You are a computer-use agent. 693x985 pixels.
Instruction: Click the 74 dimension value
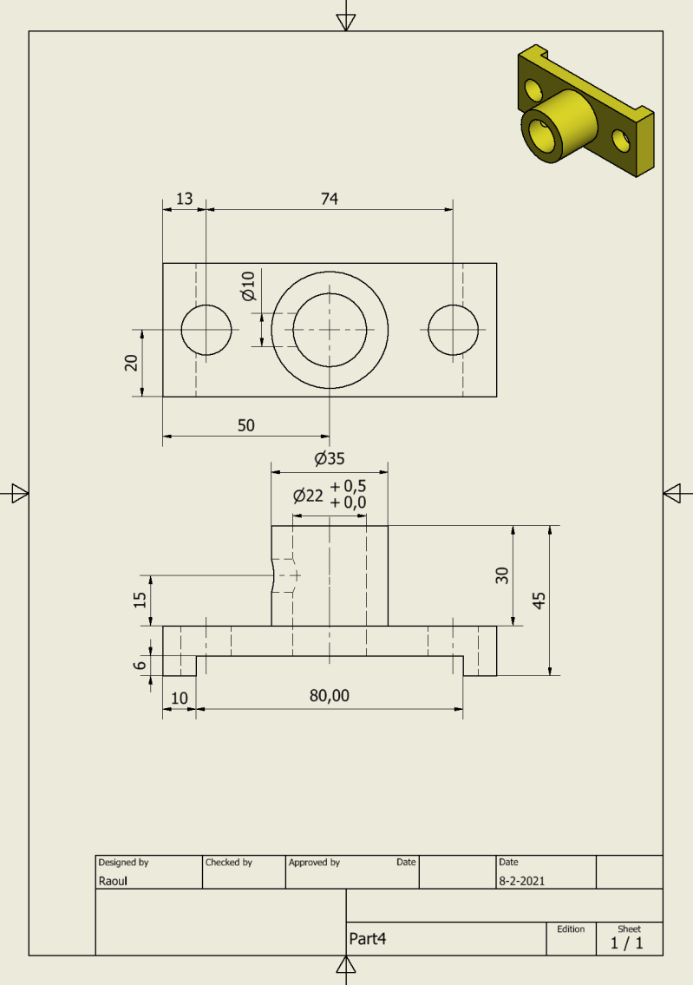pyautogui.click(x=329, y=199)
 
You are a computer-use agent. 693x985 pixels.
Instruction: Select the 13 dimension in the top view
pyautogui.click(x=185, y=199)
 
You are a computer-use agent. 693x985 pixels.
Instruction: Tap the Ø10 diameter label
pyautogui.click(x=248, y=286)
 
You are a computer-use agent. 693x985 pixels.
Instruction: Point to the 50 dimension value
pyautogui.click(x=246, y=424)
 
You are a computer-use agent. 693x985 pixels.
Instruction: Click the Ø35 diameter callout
pyautogui.click(x=330, y=458)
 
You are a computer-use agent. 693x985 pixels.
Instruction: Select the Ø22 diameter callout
pyautogui.click(x=308, y=496)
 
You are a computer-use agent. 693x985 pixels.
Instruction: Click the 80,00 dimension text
pyautogui.click(x=330, y=696)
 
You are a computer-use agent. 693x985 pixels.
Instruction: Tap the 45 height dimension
pyautogui.click(x=539, y=600)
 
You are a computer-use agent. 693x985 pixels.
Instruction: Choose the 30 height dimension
pyautogui.click(x=502, y=575)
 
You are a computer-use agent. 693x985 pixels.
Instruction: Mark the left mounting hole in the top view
pyautogui.click(x=206, y=330)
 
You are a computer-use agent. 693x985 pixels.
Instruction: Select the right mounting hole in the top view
pyautogui.click(x=453, y=330)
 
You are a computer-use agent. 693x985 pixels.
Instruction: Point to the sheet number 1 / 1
pyautogui.click(x=627, y=943)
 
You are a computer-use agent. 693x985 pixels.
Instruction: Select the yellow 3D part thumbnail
pyautogui.click(x=584, y=110)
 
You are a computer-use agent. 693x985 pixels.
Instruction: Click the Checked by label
pyautogui.click(x=228, y=863)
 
